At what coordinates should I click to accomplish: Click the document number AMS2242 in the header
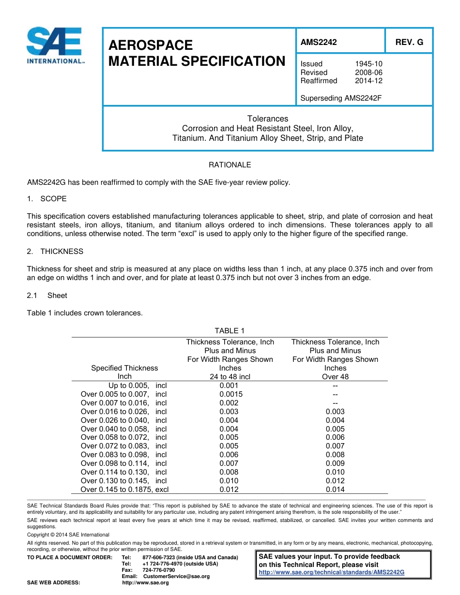[x=318, y=42]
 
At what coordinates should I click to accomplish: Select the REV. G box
[x=409, y=42]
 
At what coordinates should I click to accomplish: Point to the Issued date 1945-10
[x=368, y=64]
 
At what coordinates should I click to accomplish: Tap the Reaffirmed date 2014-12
[x=368, y=81]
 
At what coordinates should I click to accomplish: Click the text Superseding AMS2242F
[x=341, y=98]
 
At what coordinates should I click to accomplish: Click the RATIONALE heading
[x=230, y=165]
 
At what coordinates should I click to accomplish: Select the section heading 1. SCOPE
[x=47, y=199]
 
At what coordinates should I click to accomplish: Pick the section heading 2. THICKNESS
[x=55, y=252]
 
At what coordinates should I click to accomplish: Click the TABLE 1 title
[x=230, y=331]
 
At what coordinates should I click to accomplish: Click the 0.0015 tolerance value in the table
[x=231, y=394]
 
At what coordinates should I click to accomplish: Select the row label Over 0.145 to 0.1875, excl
[x=124, y=490]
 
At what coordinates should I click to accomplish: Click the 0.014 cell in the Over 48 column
[x=335, y=490]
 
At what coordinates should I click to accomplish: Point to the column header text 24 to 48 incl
[x=230, y=377]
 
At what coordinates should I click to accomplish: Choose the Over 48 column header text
[x=335, y=377]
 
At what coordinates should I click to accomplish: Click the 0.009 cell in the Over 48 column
[x=335, y=463]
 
